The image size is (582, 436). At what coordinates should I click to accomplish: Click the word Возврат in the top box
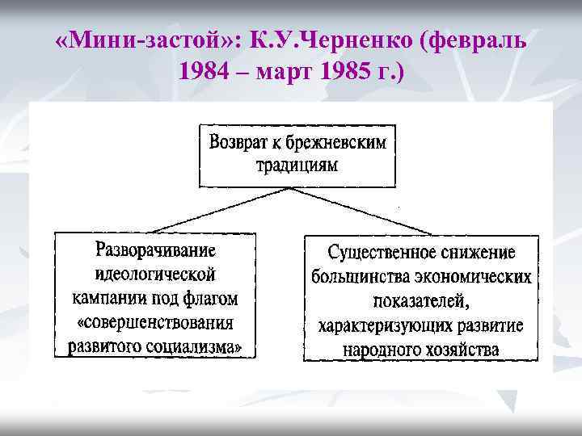tap(238, 144)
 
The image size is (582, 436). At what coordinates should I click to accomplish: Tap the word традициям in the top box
tap(297, 166)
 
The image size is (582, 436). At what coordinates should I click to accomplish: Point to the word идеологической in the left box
tap(155, 274)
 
